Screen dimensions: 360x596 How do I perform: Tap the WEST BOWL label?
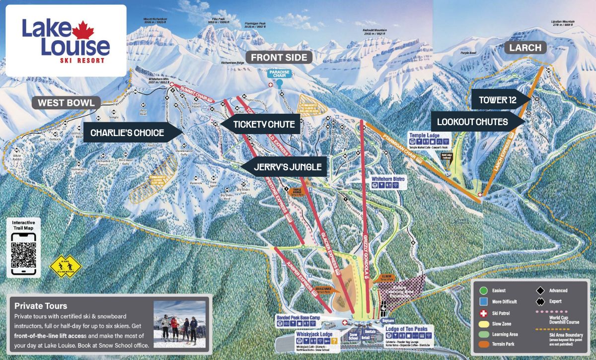click(66, 103)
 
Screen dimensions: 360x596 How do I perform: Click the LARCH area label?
click(525, 48)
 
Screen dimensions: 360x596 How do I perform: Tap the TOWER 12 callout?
click(497, 100)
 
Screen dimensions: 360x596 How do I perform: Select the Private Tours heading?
click(41, 306)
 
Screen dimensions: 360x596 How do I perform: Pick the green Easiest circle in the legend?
click(482, 290)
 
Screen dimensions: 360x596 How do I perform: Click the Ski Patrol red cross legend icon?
click(482, 313)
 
